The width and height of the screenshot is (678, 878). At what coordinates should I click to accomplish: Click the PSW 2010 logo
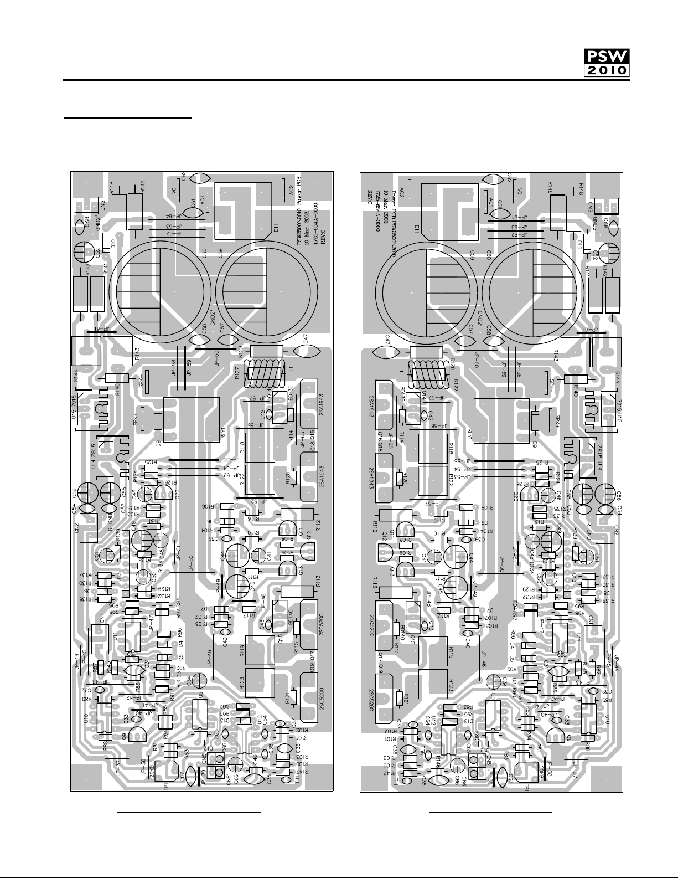pos(607,62)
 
